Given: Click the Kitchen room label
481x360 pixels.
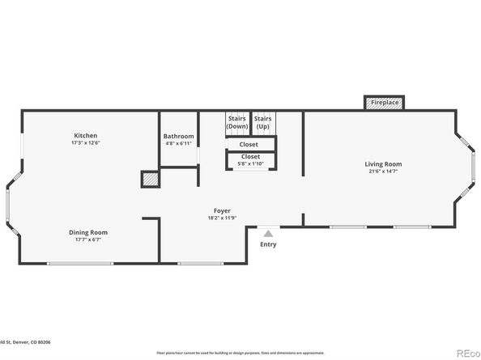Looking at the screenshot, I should (x=86, y=135).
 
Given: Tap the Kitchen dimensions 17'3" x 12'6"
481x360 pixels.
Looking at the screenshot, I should (x=86, y=142).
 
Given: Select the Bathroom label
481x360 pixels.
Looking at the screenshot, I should (x=178, y=136).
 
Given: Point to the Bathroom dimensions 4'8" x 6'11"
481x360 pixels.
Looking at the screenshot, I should (x=178, y=143).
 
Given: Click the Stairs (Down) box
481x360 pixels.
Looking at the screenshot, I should (x=237, y=123).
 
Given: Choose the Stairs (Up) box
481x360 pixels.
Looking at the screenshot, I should (x=263, y=123).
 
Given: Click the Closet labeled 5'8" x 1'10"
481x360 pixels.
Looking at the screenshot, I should (x=250, y=159).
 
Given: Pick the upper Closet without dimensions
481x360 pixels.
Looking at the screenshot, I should (x=249, y=144).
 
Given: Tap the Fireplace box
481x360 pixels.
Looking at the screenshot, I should (x=384, y=103).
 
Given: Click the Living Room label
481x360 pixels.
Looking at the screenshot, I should (x=382, y=164).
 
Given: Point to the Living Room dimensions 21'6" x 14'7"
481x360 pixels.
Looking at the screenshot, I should (x=382, y=172).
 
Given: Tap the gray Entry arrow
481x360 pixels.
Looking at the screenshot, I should (x=268, y=233).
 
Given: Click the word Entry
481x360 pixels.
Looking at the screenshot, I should (x=268, y=244).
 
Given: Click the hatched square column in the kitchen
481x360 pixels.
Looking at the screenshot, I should (x=149, y=179).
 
